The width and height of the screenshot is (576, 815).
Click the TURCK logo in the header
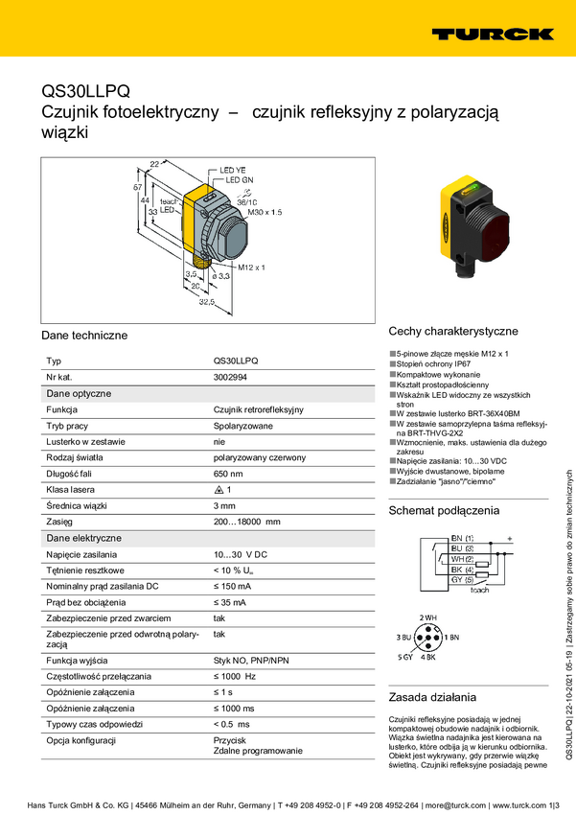click(492, 35)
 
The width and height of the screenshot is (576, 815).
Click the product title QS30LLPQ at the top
click(84, 91)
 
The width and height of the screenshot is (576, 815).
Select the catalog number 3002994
click(233, 377)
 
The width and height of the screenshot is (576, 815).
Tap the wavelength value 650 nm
click(228, 474)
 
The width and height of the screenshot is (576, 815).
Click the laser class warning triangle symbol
click(218, 490)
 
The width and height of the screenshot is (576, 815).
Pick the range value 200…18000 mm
click(246, 522)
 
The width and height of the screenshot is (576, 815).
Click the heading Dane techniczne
click(84, 337)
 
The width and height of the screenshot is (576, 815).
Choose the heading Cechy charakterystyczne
click(453, 332)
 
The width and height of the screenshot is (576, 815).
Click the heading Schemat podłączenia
click(444, 511)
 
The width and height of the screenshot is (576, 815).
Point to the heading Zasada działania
click(431, 697)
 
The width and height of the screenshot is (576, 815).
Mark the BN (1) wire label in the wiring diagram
click(462, 539)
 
